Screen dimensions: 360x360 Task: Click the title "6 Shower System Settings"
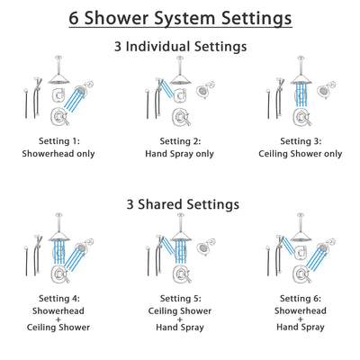(x=180, y=18)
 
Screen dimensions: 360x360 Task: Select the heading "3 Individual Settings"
(x=180, y=46)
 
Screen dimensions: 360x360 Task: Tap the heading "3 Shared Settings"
(x=180, y=203)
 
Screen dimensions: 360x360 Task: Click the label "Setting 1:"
(x=59, y=140)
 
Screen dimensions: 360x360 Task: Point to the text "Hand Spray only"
(x=180, y=153)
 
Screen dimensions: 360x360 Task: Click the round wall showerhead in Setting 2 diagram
(x=204, y=94)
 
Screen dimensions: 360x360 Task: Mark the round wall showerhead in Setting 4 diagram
(x=84, y=251)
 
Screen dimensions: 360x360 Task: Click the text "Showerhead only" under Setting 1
(x=59, y=153)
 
